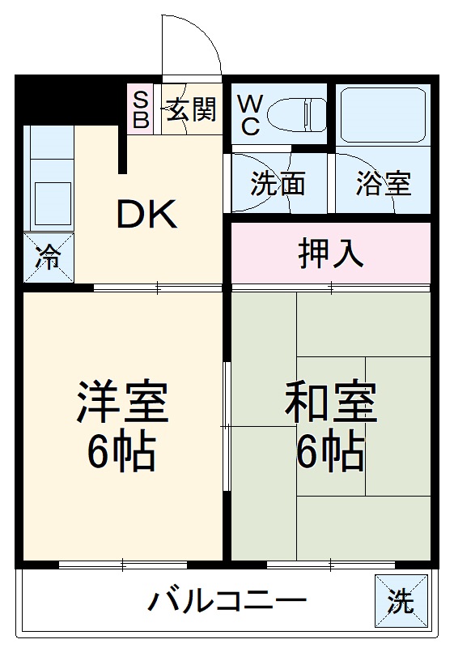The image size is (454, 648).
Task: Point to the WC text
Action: click(248, 115)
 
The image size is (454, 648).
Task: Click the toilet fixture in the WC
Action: click(295, 113)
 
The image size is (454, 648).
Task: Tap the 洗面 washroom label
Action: click(278, 184)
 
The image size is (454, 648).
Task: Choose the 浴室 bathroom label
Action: click(384, 184)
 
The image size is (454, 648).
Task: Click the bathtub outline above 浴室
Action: click(383, 113)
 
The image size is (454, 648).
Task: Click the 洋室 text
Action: click(122, 403)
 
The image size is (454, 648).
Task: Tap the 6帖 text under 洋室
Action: click(122, 454)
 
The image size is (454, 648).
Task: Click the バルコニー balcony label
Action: click(227, 602)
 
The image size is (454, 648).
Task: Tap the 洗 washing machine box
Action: click(399, 601)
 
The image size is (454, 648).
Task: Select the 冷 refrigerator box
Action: click(48, 258)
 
